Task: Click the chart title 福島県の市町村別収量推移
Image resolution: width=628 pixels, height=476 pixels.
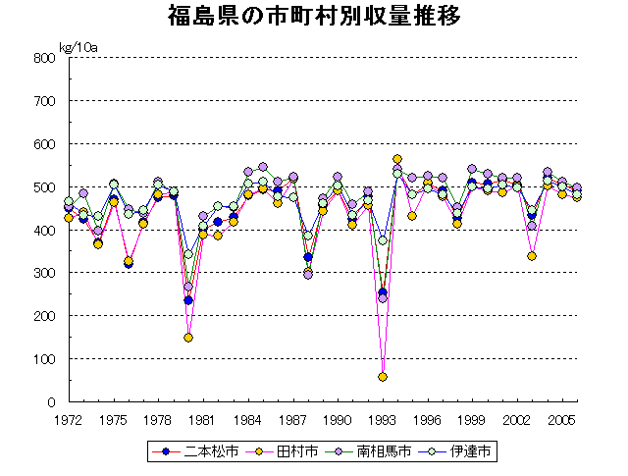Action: point(314,17)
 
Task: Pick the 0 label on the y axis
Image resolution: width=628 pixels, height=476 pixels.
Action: point(48,402)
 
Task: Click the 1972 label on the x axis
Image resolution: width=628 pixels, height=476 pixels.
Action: point(68,420)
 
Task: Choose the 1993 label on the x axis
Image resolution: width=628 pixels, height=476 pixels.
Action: point(383,420)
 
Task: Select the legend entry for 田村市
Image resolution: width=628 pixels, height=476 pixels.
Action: point(276,452)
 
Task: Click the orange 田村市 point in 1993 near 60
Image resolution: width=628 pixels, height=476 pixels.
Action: point(383,377)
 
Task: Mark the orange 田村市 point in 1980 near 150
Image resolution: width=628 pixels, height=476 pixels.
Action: point(188,338)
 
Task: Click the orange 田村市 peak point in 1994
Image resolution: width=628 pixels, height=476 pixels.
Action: point(397,159)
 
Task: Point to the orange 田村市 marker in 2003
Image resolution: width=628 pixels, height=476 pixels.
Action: point(532,256)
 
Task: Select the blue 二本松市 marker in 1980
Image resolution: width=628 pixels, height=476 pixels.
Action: point(188,300)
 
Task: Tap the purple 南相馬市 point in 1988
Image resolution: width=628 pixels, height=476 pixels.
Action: point(308,275)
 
